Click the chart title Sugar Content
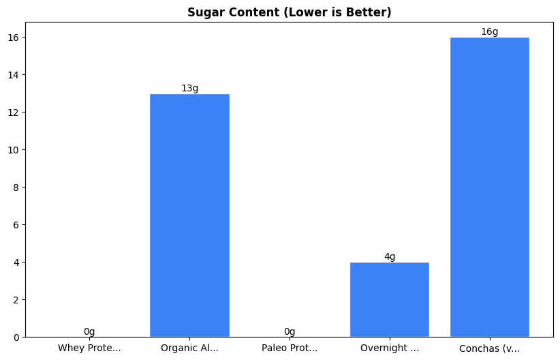click(x=279, y=12)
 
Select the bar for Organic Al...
click(x=189, y=215)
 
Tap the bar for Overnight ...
click(x=390, y=299)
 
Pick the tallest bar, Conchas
click(x=490, y=187)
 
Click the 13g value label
click(x=189, y=89)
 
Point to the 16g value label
click(x=490, y=32)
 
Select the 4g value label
click(x=390, y=257)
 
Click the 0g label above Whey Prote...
click(x=89, y=332)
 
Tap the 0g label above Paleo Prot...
click(x=290, y=332)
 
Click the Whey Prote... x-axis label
click(x=89, y=348)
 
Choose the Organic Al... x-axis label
click(x=189, y=348)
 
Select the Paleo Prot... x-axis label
click(x=290, y=348)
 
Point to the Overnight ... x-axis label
click(x=390, y=348)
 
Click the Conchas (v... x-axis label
click(x=490, y=348)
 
